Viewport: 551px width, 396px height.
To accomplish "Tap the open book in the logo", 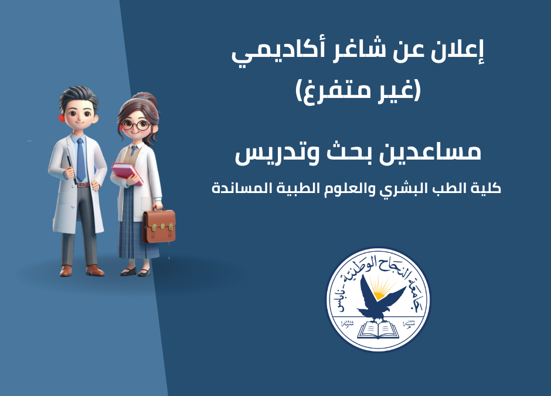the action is pos(378,330).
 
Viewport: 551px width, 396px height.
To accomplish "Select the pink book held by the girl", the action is pos(127,173).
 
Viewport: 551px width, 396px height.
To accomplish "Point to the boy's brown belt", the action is pos(83,185).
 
